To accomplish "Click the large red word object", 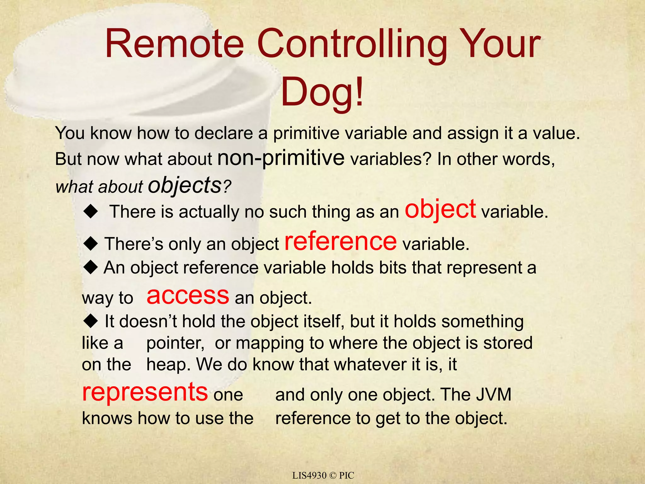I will tap(440, 210).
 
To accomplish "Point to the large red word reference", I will tap(340, 241).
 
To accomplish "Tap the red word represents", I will tap(145, 392).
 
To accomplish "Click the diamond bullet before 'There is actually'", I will tap(91, 211).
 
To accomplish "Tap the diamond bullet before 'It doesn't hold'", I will tap(91, 321).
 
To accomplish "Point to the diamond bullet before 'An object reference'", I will tap(91, 268).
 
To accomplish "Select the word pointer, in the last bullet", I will tap(175, 343).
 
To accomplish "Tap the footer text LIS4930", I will tap(309, 475).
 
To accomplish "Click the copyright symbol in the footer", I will tap(333, 475).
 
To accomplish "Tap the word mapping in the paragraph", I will tap(270, 343).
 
